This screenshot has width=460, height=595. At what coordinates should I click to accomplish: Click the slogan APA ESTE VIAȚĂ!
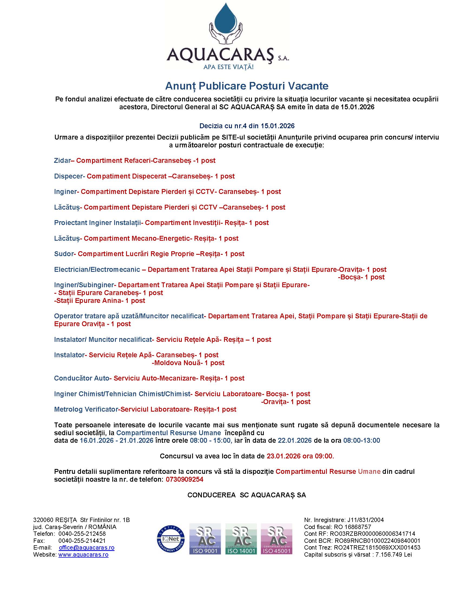coord(228,67)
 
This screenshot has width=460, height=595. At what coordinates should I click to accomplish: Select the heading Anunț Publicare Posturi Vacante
coord(247,86)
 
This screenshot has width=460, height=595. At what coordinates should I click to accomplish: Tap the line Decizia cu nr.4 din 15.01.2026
coord(247,126)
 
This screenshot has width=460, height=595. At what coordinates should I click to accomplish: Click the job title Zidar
coord(62,160)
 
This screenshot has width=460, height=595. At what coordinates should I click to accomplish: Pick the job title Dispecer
coord(68,176)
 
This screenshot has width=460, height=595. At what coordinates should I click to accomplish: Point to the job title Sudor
coord(64,254)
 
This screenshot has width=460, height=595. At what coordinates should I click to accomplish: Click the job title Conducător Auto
coord(81,378)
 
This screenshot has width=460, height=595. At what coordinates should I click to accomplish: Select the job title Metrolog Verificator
coord(86,409)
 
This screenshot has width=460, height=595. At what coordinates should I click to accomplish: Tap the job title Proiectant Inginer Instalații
coord(97,223)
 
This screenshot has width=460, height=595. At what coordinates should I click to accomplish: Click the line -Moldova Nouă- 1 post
coord(188,363)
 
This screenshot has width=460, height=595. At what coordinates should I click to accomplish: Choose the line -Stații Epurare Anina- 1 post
coord(100,300)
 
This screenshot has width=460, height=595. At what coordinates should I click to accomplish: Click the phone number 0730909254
coord(185,479)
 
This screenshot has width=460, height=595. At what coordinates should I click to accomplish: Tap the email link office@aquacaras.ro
coord(87,548)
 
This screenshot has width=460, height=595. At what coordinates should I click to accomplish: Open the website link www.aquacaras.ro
coord(83,554)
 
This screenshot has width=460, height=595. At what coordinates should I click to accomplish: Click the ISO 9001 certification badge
coord(205,538)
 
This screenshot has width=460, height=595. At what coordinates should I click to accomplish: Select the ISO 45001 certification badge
coord(276,538)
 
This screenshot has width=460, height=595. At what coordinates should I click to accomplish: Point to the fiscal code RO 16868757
coord(352,527)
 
